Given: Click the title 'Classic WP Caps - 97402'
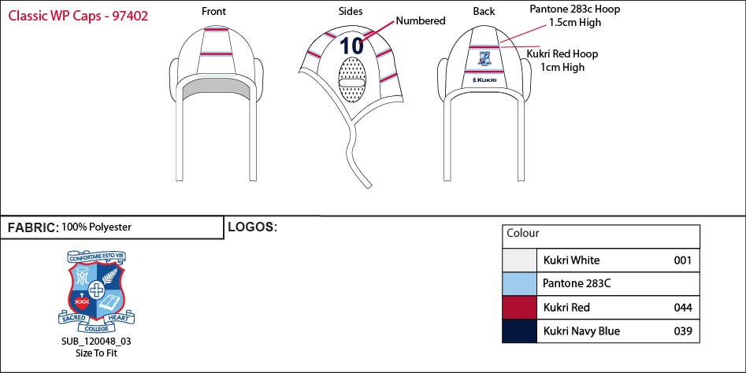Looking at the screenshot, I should (x=78, y=15).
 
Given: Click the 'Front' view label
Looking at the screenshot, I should (x=213, y=11).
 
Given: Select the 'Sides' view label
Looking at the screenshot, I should (x=351, y=11).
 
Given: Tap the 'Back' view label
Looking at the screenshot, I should (x=484, y=11).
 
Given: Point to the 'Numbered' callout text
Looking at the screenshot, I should (x=421, y=21).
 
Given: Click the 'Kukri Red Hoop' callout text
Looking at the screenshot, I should (x=562, y=54).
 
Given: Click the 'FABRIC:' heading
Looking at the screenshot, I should (x=33, y=228).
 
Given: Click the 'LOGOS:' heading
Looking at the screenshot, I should (x=252, y=227).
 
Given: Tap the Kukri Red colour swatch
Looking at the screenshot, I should (x=520, y=308).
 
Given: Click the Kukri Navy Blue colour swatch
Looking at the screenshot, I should (x=520, y=331).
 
